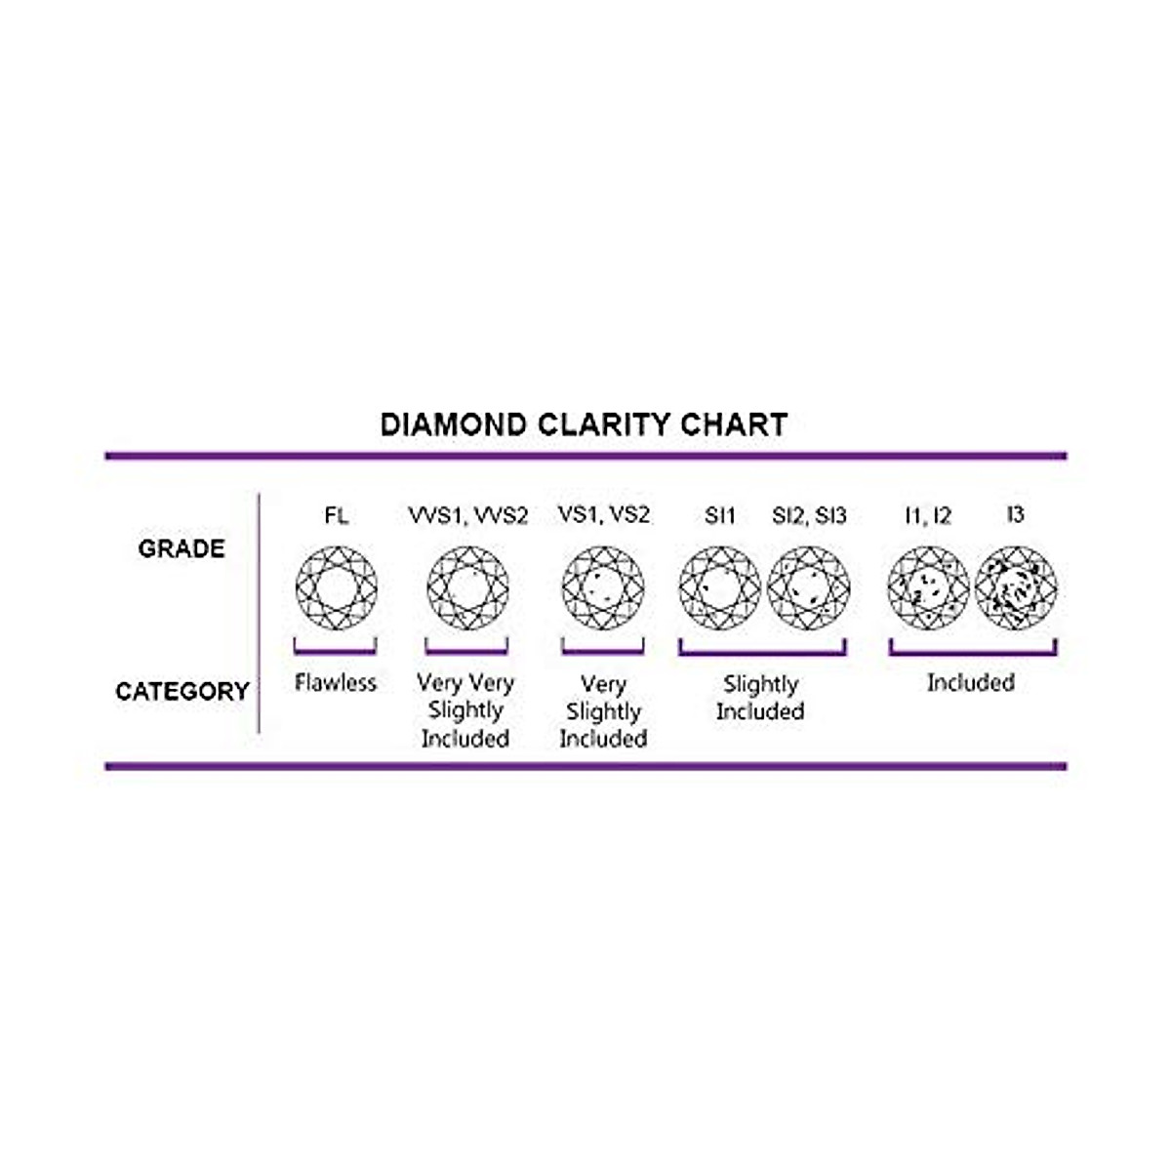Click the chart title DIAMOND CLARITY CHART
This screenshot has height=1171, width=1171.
(x=584, y=424)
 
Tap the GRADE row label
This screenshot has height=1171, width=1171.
(x=182, y=548)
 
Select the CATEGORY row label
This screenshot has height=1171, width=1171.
(x=182, y=692)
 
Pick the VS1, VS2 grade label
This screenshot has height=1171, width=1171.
(x=603, y=514)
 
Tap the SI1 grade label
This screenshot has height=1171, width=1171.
(x=719, y=515)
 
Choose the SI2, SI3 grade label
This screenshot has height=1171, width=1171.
(x=809, y=515)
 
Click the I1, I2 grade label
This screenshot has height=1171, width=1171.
(x=927, y=515)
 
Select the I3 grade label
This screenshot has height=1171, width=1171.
(x=1015, y=513)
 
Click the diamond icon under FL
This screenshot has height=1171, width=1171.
(x=337, y=587)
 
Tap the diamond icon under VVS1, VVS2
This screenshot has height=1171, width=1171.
(x=467, y=587)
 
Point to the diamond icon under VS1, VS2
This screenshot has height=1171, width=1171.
(x=603, y=587)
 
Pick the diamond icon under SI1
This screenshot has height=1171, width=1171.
(x=719, y=587)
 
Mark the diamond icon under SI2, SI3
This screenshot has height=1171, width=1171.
(x=809, y=587)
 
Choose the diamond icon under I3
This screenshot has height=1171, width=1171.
(x=1016, y=587)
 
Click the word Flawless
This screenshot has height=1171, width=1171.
(x=336, y=683)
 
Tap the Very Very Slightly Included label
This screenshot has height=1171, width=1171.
(x=465, y=710)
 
